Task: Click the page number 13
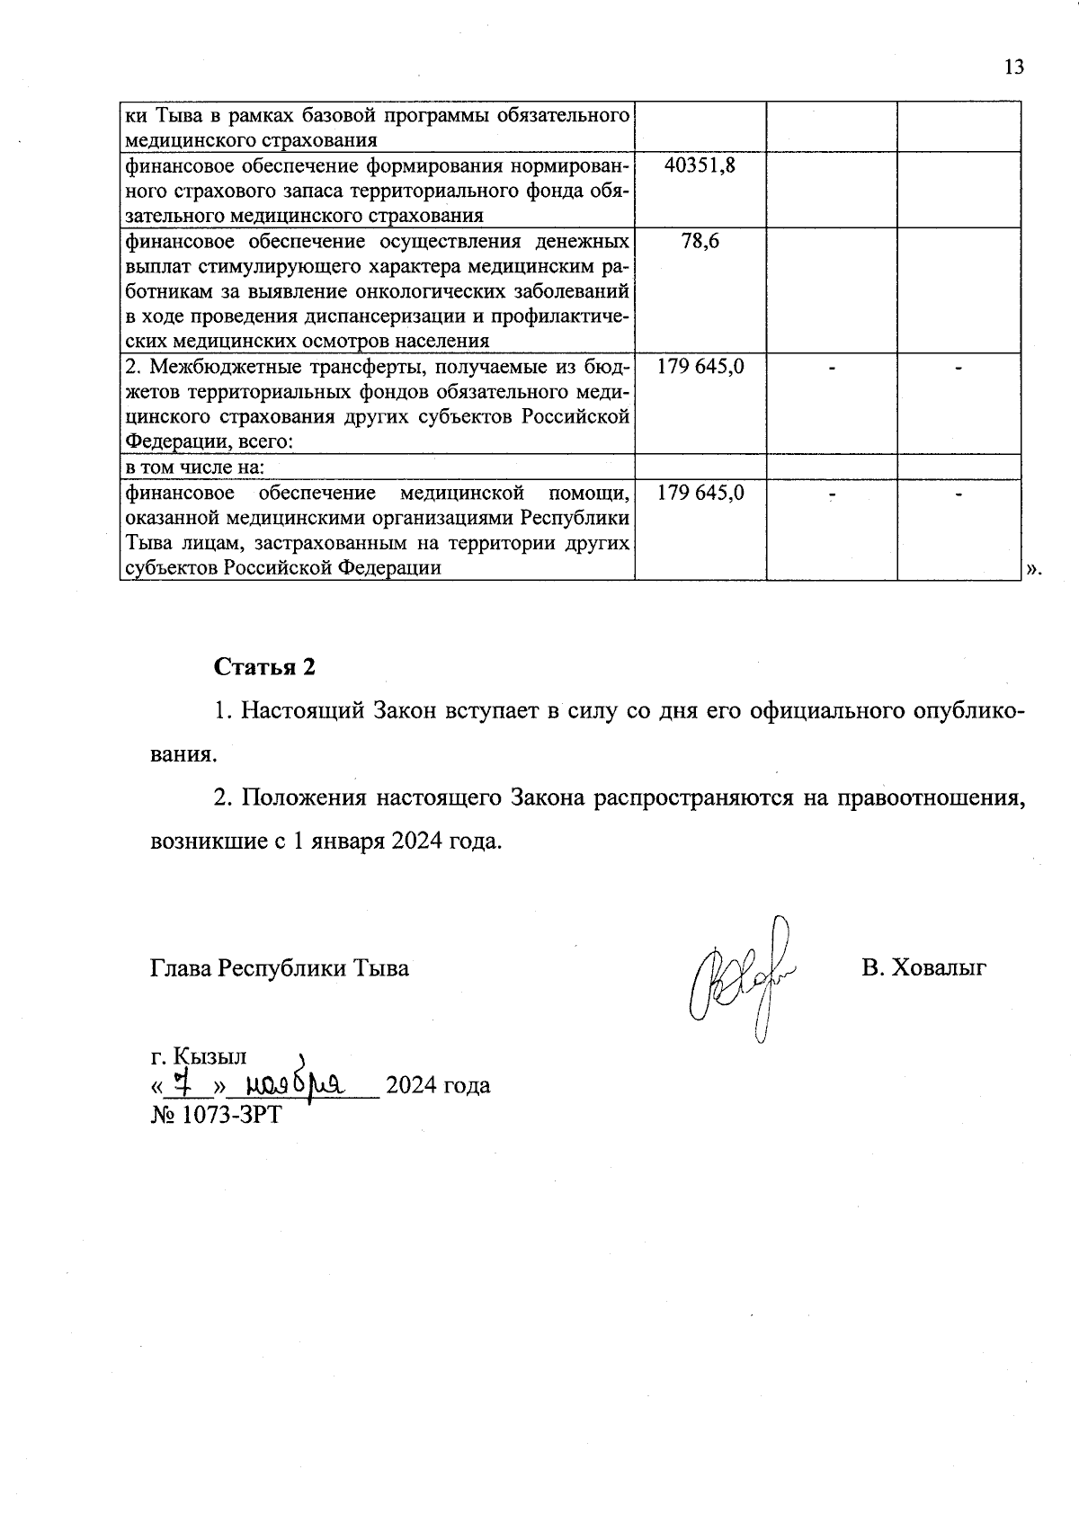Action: point(1013,67)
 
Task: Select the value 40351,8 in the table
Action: point(700,165)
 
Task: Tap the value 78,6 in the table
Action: point(700,241)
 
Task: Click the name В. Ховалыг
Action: point(923,968)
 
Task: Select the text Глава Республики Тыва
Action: point(279,968)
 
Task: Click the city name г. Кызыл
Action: point(199,1056)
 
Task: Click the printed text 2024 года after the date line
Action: point(438,1085)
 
